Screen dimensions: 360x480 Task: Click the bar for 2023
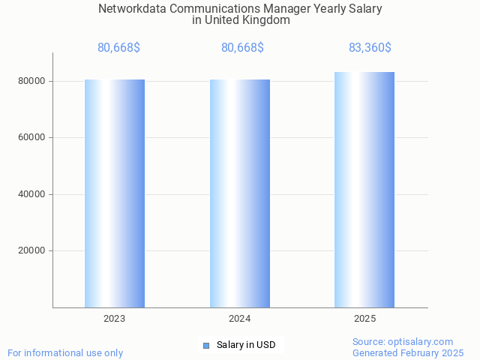pyautogui.click(x=115, y=193)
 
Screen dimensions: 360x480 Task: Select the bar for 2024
pyautogui.click(x=240, y=193)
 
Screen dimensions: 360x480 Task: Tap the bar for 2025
pyautogui.click(x=364, y=190)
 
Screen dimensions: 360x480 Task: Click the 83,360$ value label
pyautogui.click(x=370, y=48)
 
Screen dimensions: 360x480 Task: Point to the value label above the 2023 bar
pyautogui.click(x=118, y=48)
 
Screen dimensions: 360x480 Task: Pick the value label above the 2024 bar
pyautogui.click(x=242, y=48)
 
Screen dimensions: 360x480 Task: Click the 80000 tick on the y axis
pyautogui.click(x=32, y=81)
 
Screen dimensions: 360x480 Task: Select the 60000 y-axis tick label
pyautogui.click(x=32, y=138)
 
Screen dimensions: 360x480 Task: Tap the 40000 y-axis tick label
pyautogui.click(x=32, y=194)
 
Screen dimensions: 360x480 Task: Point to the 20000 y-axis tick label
pyautogui.click(x=32, y=251)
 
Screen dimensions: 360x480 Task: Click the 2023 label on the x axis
pyautogui.click(x=115, y=319)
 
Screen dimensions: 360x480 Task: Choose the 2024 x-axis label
pyautogui.click(x=240, y=319)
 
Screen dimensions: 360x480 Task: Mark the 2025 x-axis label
pyautogui.click(x=364, y=319)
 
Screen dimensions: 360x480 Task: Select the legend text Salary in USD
pyautogui.click(x=246, y=345)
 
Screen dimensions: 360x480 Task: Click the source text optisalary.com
pyautogui.click(x=424, y=341)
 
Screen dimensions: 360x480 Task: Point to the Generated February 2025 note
pyautogui.click(x=408, y=352)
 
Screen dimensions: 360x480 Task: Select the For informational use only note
pyautogui.click(x=65, y=352)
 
